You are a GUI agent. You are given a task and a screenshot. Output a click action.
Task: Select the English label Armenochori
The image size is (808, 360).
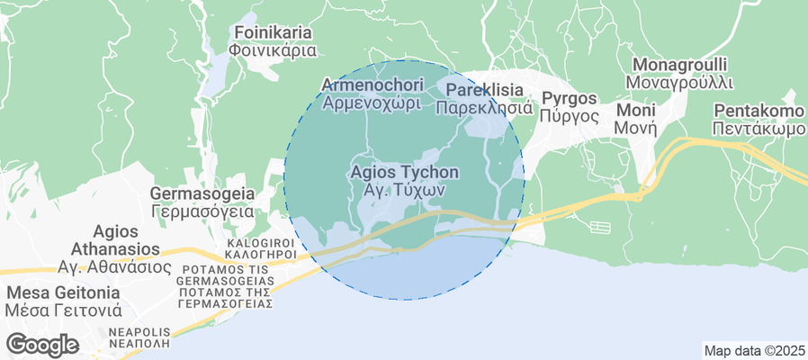[372, 85]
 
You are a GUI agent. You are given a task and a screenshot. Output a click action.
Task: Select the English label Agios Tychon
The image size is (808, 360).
[404, 172]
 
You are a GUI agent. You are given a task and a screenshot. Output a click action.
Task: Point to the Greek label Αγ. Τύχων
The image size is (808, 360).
[404, 191]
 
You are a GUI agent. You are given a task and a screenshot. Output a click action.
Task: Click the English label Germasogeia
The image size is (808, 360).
[202, 193]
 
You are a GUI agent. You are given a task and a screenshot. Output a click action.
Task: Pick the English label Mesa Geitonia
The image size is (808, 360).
[62, 292]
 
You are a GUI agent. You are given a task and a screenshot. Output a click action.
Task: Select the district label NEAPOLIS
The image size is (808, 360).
[139, 332]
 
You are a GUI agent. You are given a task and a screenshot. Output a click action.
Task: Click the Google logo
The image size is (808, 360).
[41, 344]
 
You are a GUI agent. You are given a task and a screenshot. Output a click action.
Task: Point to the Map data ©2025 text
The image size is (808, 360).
[754, 350]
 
